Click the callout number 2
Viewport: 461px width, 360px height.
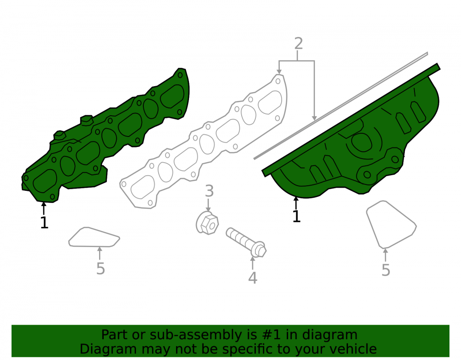click(298, 43)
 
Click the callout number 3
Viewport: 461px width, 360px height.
click(209, 191)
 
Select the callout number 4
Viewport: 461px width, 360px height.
click(253, 277)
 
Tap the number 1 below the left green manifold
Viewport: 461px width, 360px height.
click(44, 223)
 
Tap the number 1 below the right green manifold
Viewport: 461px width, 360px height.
click(296, 216)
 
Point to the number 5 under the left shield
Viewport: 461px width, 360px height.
click(100, 269)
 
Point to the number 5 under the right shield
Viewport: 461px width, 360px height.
click(386, 270)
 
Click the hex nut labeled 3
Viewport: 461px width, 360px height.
click(207, 224)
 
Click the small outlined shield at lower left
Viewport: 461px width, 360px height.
click(94, 237)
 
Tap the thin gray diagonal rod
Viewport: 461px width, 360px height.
click(341, 106)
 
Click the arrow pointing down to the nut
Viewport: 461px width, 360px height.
click(208, 205)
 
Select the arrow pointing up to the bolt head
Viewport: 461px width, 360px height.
click(253, 263)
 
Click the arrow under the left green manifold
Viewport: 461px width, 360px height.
click(44, 208)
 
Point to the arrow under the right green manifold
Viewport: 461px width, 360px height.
click(296, 203)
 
